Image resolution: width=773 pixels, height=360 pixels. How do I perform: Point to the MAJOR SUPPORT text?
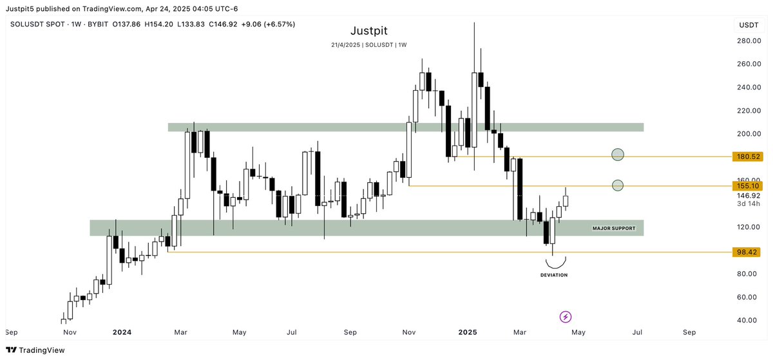[614, 228]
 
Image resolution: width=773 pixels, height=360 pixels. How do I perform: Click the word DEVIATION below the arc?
[554, 275]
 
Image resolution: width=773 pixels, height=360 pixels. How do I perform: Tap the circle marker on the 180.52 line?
[618, 155]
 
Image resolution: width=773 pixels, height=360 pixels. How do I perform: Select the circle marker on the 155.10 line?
[618, 185]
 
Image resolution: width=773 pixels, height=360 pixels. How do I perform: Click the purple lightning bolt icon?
[566, 316]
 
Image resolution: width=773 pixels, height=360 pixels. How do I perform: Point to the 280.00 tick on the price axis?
[749, 41]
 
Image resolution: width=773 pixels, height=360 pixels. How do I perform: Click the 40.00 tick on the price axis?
[747, 320]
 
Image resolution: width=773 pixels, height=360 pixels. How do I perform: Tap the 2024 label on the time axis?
[122, 332]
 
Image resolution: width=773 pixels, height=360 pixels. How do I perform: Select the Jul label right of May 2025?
[637, 332]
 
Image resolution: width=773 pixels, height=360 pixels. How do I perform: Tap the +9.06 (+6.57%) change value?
[267, 24]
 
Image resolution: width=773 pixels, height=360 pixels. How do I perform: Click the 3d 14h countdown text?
[749, 204]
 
